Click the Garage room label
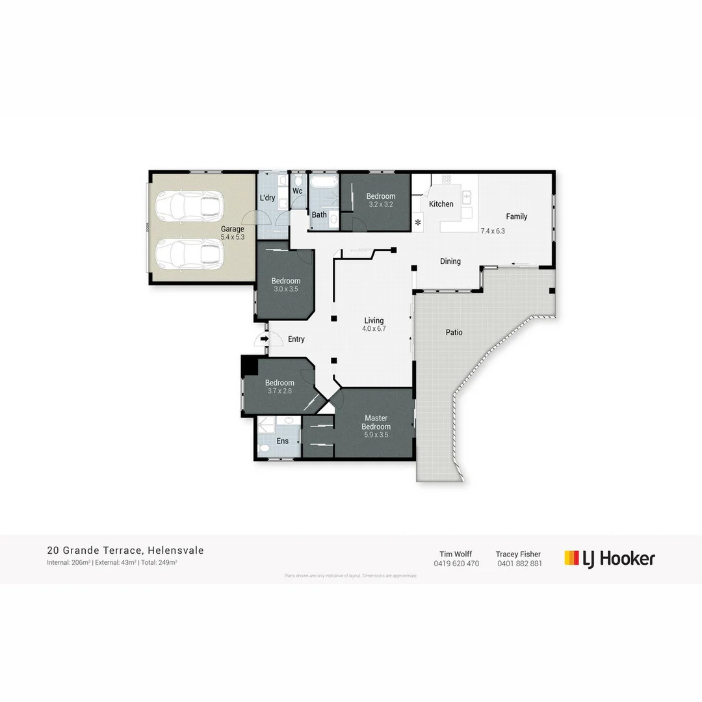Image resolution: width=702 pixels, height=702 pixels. point(232,229)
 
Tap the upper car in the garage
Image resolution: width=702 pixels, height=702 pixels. point(189,205)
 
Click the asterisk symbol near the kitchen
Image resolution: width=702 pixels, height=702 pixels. point(419,224)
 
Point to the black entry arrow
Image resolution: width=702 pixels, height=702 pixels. point(264,339)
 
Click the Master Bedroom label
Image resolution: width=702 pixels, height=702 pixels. point(376,422)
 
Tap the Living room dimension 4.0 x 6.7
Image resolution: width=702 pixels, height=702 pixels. point(374,329)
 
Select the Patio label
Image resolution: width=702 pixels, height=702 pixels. point(454,332)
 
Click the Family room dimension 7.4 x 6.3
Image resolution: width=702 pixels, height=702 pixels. point(493,231)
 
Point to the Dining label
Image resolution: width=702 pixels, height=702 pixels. point(450,261)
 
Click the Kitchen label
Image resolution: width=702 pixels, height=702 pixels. point(441,204)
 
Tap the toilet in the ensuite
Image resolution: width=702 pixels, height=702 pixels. point(265,447)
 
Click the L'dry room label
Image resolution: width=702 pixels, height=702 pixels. point(267,198)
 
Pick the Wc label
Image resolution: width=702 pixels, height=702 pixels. point(297,191)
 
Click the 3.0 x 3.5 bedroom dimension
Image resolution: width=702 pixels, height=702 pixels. point(285,289)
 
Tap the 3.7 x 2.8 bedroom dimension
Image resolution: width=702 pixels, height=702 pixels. point(280,391)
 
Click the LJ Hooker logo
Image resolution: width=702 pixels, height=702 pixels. point(610,558)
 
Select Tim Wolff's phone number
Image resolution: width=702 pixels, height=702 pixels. point(456,564)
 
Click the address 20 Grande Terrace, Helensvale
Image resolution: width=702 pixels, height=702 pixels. point(125,551)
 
